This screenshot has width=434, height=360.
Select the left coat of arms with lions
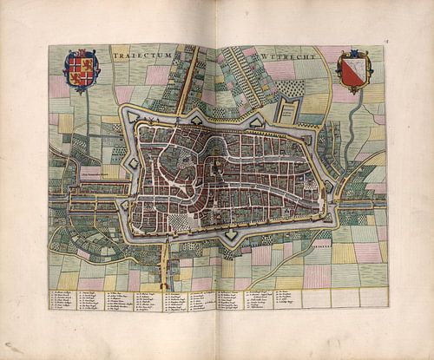[x=82, y=71]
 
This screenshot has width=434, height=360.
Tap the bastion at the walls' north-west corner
[x=128, y=115]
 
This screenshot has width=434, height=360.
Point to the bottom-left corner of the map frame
[x=49, y=311]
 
